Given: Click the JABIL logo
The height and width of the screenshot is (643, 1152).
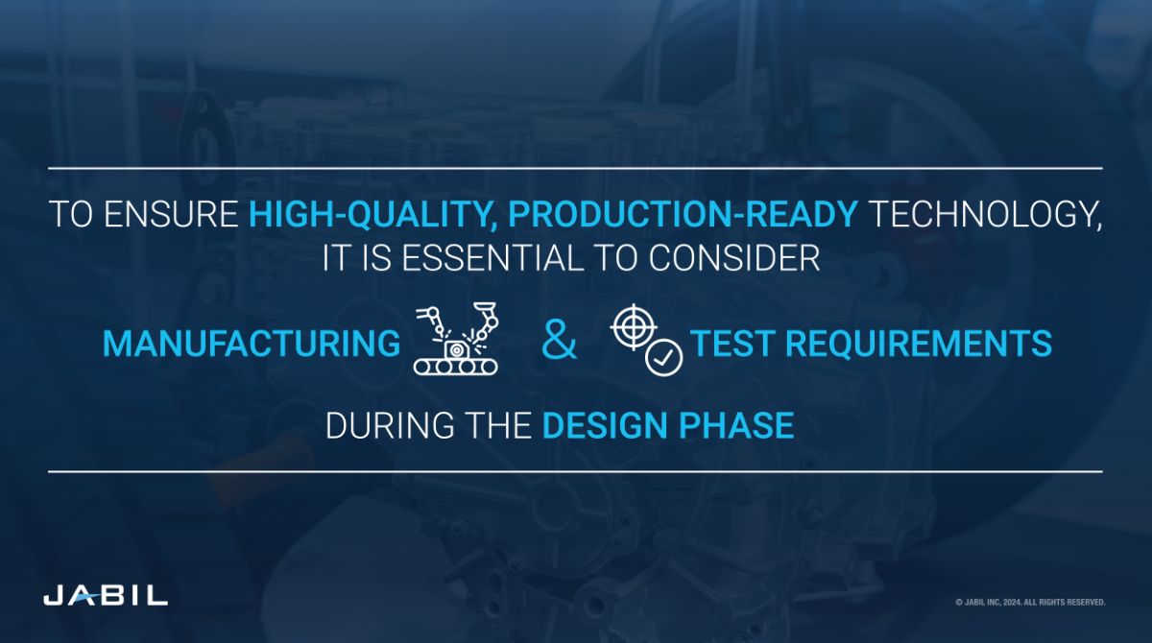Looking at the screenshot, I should tap(106, 596).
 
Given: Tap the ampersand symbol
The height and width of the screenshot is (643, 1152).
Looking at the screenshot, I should tap(560, 343).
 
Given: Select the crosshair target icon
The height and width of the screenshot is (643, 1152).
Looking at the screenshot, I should tap(631, 326).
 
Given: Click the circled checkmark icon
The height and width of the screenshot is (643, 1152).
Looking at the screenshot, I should tap(663, 357).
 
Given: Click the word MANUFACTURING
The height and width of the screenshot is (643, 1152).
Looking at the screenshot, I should tap(252, 344).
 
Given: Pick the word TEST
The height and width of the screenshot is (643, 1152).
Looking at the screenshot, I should tap(729, 344).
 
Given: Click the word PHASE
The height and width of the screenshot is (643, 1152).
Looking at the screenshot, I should tap(747, 425).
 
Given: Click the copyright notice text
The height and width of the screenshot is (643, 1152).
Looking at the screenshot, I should tap(1029, 603).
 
